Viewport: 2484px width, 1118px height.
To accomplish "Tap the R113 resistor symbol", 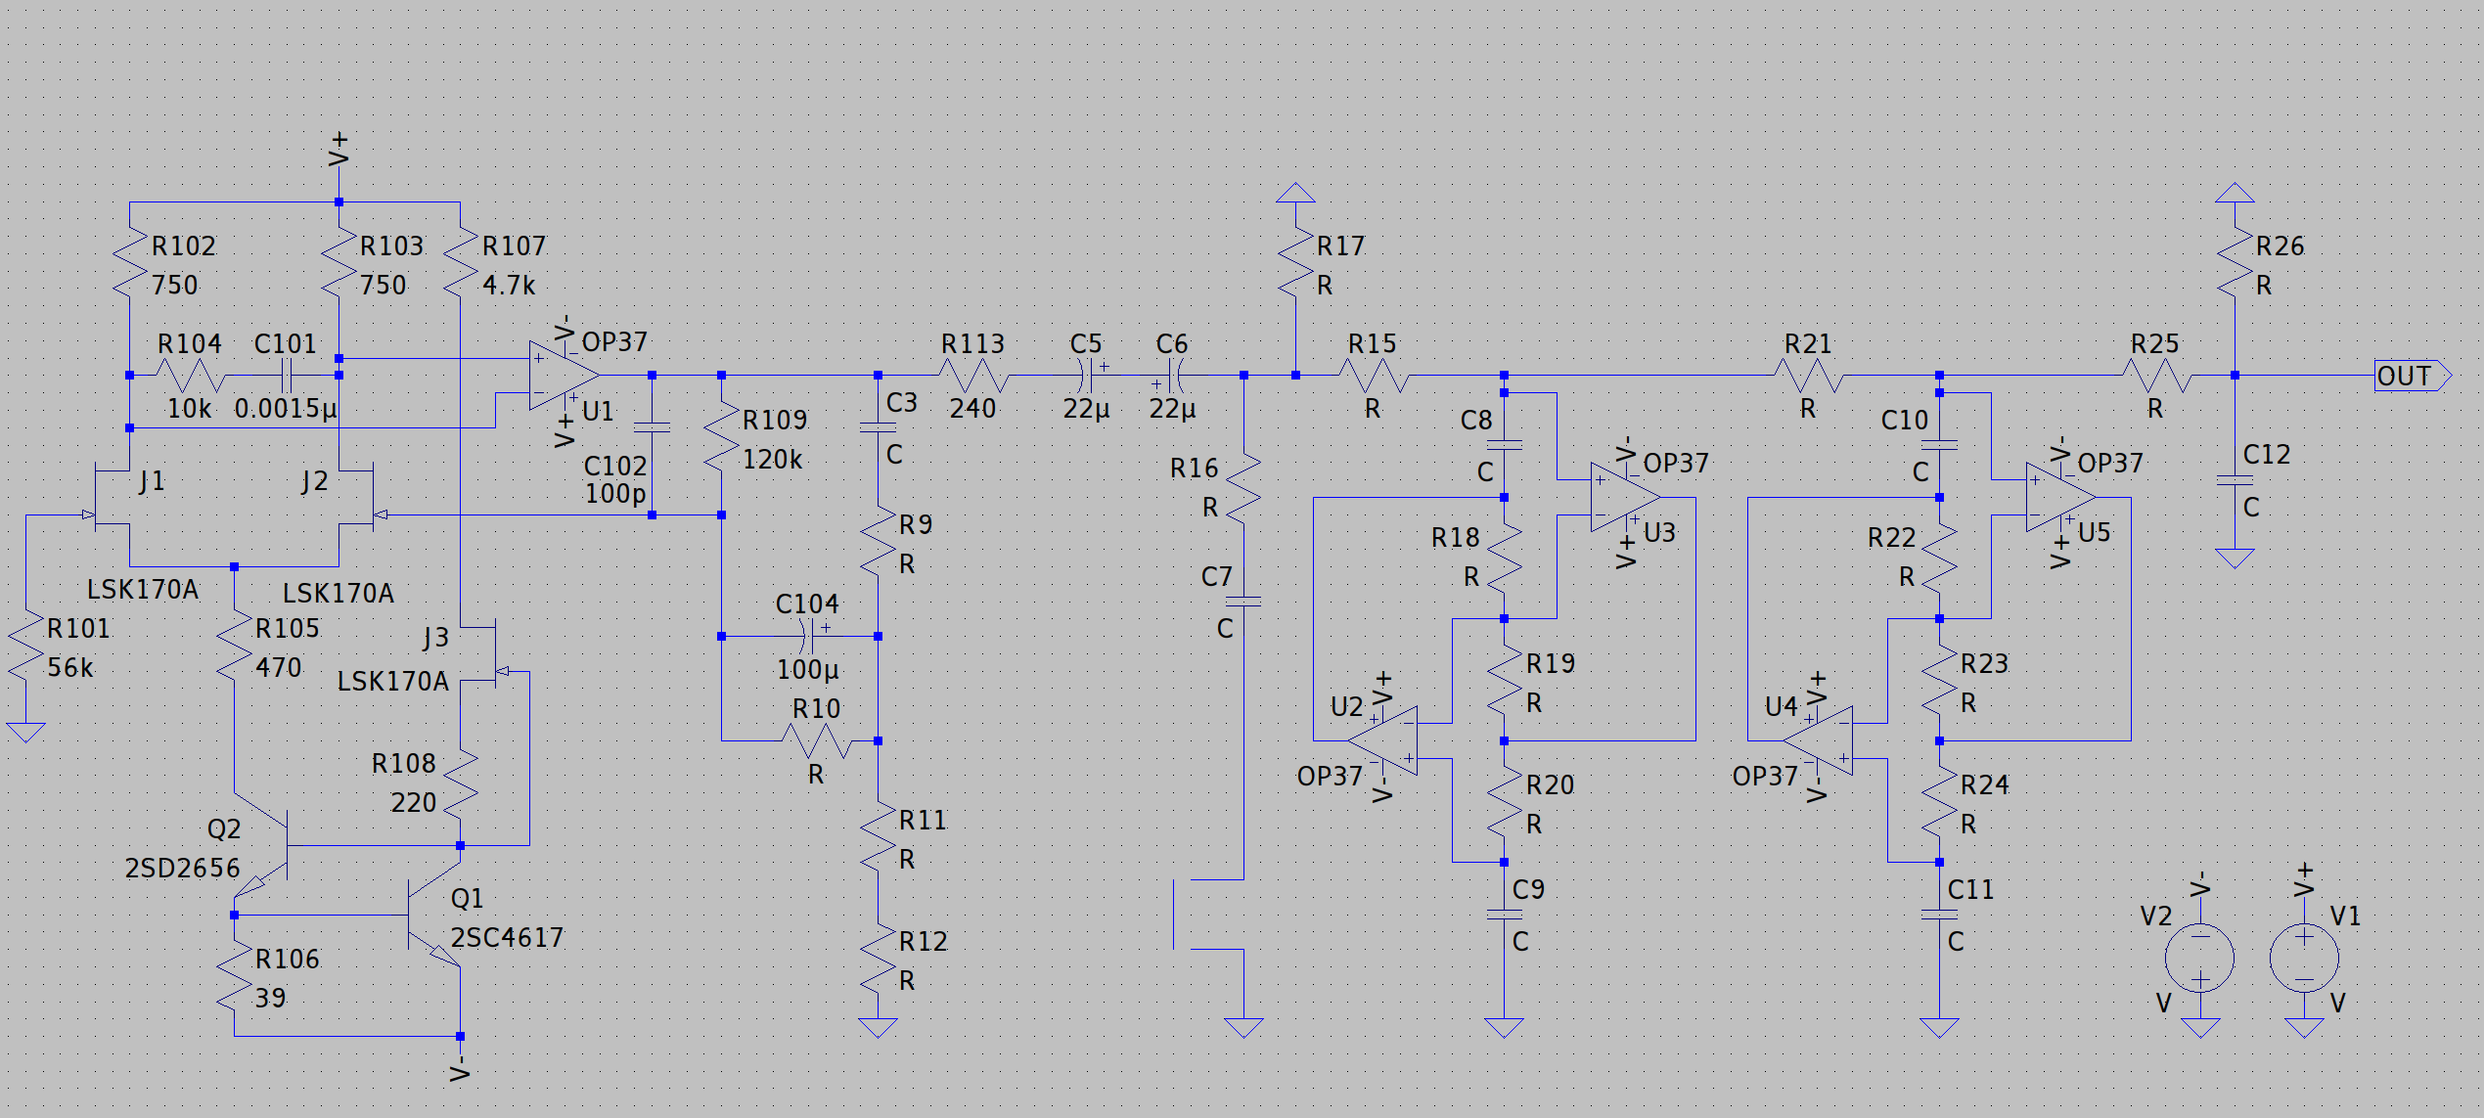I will (x=973, y=376).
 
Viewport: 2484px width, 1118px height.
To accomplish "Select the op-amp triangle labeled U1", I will (x=563, y=376).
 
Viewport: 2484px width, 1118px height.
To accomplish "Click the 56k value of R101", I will (x=70, y=668).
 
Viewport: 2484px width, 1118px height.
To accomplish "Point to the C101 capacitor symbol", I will (x=287, y=376).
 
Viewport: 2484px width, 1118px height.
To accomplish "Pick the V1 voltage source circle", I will (x=2304, y=958).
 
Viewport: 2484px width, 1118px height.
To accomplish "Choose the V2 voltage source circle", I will (x=2199, y=958).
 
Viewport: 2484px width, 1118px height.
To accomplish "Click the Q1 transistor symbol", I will (x=434, y=916).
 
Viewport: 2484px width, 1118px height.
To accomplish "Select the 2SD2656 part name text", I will (x=182, y=869).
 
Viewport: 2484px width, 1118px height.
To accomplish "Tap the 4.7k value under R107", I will (x=509, y=286).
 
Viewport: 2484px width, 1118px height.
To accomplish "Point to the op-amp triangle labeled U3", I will (x=1624, y=498).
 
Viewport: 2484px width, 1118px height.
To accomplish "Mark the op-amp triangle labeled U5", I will (x=2059, y=498).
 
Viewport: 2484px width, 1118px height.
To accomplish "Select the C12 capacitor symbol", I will (x=2235, y=480).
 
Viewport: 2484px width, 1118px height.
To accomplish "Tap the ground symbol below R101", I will (x=25, y=732).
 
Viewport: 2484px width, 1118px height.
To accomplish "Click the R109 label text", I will (x=775, y=421).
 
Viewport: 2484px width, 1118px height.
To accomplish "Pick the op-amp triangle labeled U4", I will (x=1818, y=740).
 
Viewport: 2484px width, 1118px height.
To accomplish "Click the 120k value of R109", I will (x=772, y=460).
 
